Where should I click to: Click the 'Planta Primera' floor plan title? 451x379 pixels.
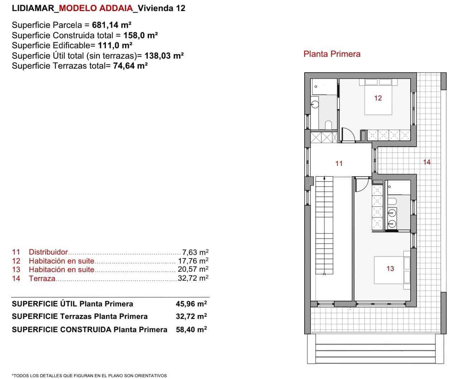332,54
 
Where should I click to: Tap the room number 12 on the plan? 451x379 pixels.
378,98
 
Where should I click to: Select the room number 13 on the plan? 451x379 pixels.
390,269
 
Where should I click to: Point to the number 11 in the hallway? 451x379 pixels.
339,163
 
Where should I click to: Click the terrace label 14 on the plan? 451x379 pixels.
427,162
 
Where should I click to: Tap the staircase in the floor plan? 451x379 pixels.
324,225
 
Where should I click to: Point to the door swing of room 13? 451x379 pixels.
362,184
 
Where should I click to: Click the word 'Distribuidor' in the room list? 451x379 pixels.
48,252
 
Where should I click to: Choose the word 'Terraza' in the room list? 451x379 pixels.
42,278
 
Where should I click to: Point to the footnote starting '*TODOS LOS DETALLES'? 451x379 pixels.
89,375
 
